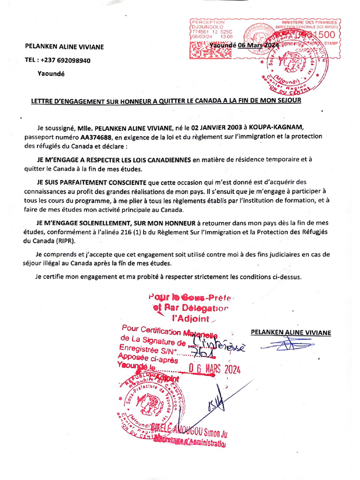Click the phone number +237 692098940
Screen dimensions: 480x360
(x=66, y=60)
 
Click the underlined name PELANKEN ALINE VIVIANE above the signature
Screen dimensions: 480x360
(x=291, y=332)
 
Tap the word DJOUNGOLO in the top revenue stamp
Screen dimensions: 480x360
(x=205, y=28)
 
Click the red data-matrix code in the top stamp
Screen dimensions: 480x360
(x=210, y=49)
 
